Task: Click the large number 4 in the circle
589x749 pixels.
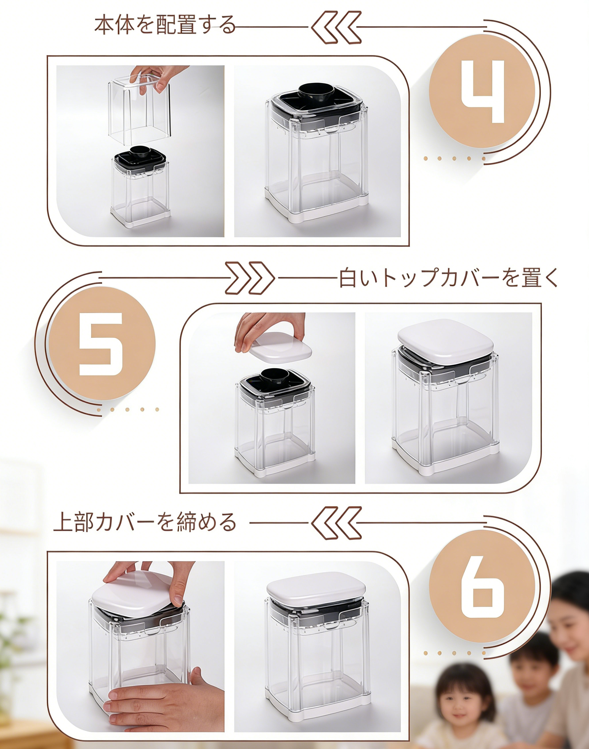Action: point(483,92)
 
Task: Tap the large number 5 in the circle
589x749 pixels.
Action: point(101,344)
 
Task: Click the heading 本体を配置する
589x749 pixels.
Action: point(164,26)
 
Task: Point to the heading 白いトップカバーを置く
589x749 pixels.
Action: point(448,278)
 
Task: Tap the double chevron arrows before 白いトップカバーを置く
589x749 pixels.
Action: point(250,278)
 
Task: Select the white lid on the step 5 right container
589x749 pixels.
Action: point(445,339)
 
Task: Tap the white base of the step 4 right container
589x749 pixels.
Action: point(316,207)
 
